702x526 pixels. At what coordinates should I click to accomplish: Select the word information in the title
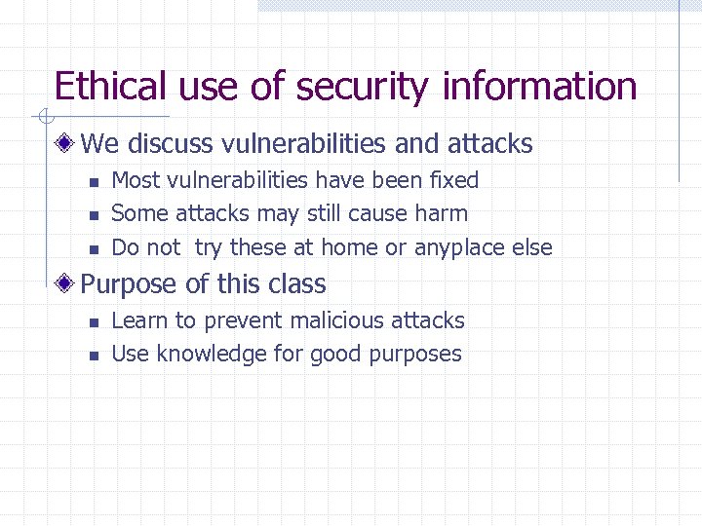click(x=539, y=87)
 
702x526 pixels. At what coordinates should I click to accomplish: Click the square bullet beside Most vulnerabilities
click(x=94, y=181)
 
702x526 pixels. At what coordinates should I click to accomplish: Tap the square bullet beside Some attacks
click(x=94, y=214)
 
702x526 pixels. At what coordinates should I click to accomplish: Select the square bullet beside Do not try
click(x=94, y=248)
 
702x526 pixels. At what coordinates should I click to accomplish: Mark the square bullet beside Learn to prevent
click(x=94, y=321)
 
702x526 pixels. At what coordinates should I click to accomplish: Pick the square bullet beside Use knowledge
click(x=94, y=355)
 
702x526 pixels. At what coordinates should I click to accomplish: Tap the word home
click(x=350, y=247)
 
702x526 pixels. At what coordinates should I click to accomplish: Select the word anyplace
click(x=460, y=248)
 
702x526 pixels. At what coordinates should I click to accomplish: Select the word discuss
click(x=171, y=144)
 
